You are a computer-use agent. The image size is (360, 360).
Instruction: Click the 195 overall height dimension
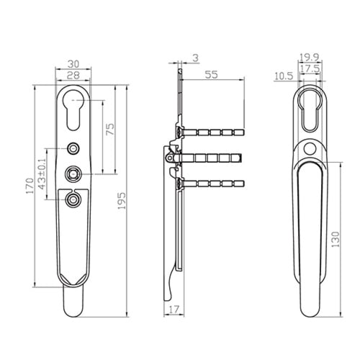[122, 201]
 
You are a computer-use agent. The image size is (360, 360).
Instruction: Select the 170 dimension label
[30, 186]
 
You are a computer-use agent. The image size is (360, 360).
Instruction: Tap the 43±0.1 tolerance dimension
[42, 174]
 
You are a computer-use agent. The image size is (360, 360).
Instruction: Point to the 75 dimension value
[110, 129]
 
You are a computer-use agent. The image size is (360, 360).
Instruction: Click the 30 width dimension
[73, 64]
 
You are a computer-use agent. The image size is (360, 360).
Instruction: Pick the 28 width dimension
[73, 76]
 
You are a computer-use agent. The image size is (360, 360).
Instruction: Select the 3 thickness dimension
[196, 58]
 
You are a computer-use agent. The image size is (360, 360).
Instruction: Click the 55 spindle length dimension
[212, 75]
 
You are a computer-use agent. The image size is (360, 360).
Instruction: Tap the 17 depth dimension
[174, 310]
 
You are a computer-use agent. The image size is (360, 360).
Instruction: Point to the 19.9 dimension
[310, 58]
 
